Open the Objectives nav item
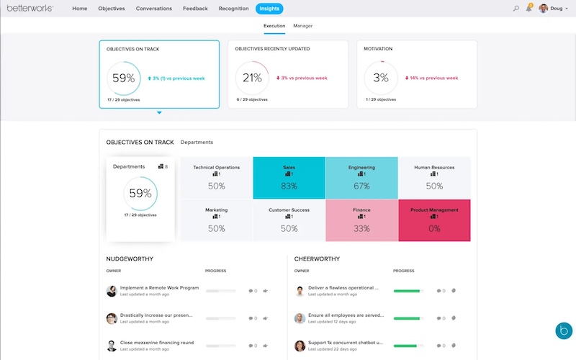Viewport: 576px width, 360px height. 112,9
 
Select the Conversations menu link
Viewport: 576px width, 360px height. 153,9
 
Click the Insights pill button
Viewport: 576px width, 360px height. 269,9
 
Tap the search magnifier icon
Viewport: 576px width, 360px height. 516,9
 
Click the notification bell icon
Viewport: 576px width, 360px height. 529,9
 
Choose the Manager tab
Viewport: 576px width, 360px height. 303,26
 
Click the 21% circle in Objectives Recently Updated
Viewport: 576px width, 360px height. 252,78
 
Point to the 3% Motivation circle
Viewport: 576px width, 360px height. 381,78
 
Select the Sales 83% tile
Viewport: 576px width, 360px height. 289,178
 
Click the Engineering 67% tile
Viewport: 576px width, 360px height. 361,178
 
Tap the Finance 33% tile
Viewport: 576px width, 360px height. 361,220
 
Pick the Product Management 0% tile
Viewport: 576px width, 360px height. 434,220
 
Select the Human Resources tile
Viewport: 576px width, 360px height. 434,178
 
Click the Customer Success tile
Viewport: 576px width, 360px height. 289,220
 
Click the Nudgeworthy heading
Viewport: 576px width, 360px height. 130,258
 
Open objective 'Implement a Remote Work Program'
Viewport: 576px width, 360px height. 159,288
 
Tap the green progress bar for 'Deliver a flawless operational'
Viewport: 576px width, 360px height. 408,291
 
